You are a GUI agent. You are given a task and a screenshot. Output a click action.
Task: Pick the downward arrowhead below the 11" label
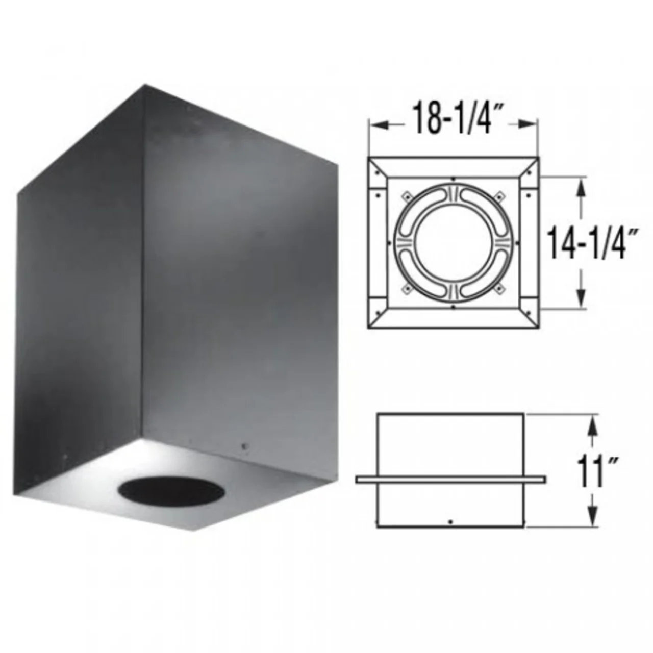click(591, 520)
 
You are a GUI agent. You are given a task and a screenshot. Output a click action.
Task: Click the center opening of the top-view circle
click(454, 242)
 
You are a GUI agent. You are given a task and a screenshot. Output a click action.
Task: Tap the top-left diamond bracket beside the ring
click(407, 196)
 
